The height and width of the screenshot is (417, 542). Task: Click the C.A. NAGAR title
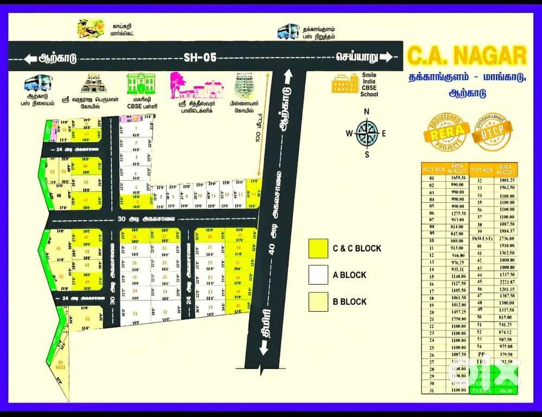467,56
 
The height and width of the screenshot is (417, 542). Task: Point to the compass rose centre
367,133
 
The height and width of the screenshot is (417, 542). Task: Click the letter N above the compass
367,112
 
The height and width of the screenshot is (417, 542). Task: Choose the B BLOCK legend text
350,301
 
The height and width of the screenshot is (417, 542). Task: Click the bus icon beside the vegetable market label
288,31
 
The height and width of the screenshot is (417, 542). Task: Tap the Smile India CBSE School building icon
345,85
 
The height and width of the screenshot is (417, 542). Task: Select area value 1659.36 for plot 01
458,177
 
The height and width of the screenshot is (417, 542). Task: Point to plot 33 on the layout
134,314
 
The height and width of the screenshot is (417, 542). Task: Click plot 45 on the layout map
58,250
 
